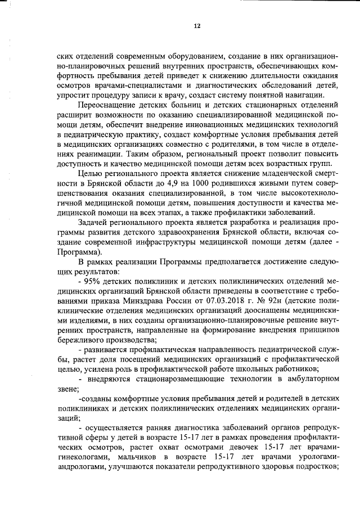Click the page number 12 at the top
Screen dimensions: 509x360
(197, 26)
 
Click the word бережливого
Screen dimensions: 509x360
(82, 339)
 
